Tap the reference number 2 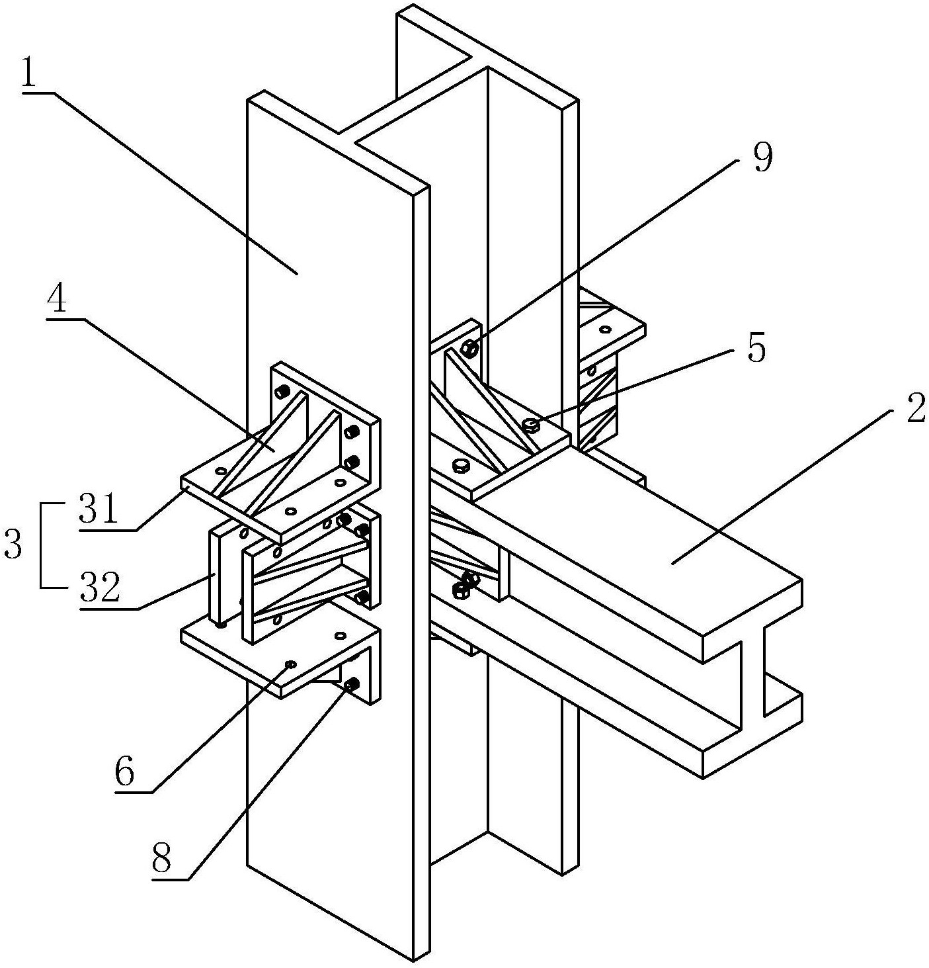916,409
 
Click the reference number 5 756,347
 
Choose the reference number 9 762,158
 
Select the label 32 100,587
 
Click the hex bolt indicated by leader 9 469,348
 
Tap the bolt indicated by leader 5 531,424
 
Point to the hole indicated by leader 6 290,664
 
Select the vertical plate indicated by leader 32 215,574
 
